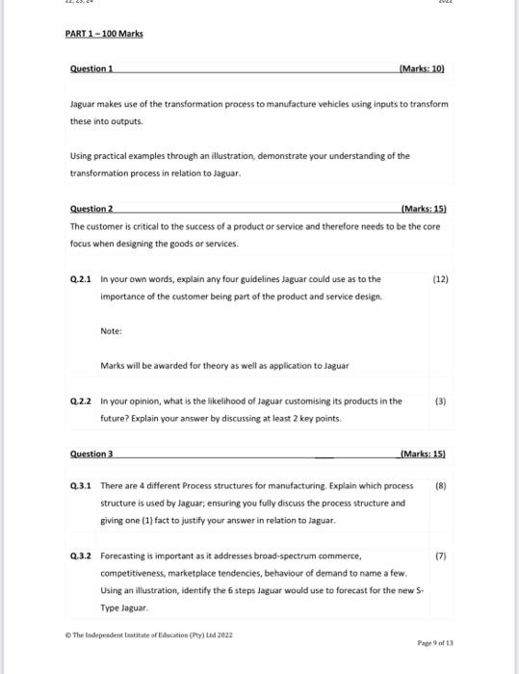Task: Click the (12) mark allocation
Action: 441,279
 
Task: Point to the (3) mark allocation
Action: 441,401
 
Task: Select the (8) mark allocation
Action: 441,486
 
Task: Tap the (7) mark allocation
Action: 441,556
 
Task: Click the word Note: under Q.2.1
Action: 111,331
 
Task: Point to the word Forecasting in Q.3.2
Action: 124,556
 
